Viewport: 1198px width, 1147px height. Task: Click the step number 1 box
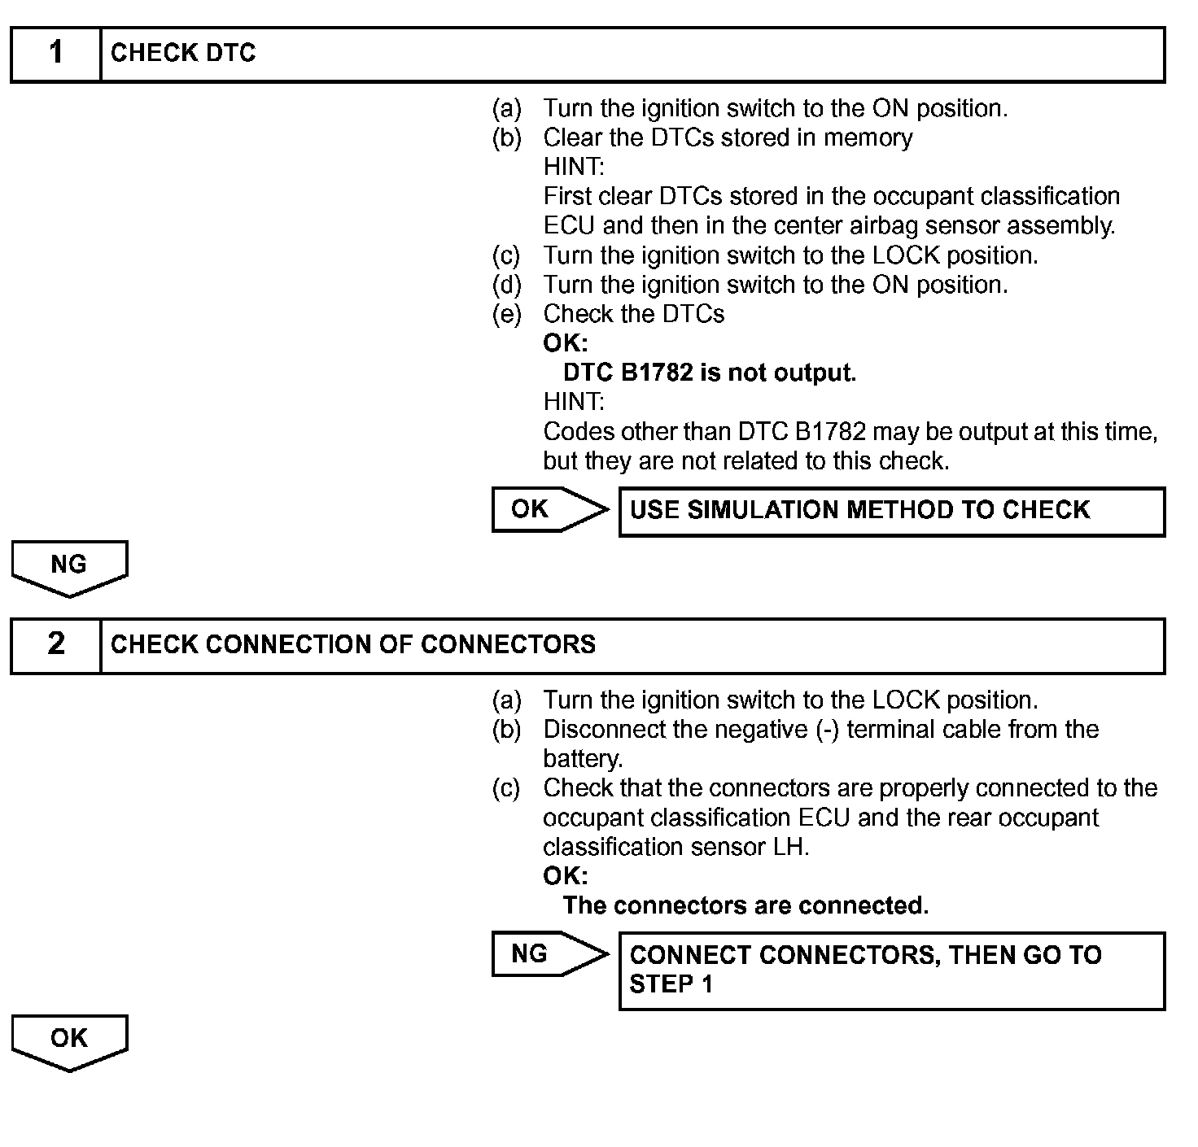(x=55, y=54)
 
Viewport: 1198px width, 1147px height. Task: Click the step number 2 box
(x=55, y=645)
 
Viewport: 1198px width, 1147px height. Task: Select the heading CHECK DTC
(x=183, y=54)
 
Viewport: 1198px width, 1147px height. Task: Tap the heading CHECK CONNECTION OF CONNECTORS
(x=352, y=645)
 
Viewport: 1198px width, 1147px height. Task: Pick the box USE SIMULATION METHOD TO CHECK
(x=891, y=511)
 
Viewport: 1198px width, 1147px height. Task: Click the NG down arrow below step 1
(x=69, y=566)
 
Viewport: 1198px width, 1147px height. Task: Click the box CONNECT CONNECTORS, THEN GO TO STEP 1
(x=891, y=970)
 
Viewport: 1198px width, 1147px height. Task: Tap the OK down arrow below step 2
(x=69, y=1040)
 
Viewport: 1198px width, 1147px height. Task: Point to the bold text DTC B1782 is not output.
(x=709, y=373)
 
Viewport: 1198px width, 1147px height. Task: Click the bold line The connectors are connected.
(x=745, y=905)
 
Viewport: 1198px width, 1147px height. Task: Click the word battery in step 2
(x=582, y=759)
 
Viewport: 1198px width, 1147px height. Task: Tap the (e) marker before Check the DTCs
(x=506, y=314)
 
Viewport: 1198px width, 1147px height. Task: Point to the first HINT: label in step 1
(x=574, y=167)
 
